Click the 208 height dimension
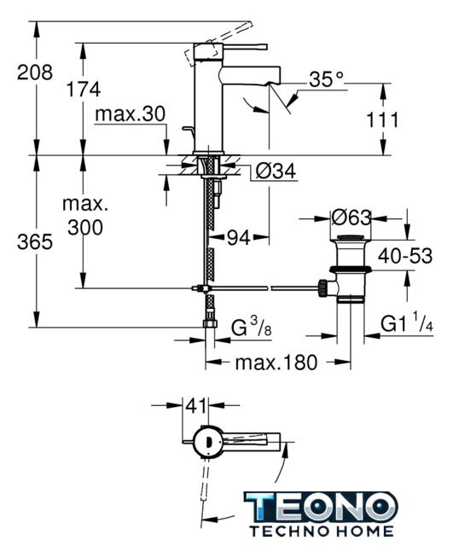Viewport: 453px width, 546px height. (x=35, y=73)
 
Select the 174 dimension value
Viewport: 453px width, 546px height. (x=84, y=89)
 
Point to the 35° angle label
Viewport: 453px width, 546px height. (x=326, y=79)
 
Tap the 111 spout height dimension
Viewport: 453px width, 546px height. (x=382, y=120)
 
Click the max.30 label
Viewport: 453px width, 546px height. (x=130, y=113)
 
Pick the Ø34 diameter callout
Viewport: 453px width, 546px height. (x=276, y=171)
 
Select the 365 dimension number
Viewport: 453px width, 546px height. (x=35, y=241)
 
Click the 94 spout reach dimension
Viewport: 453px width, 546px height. (x=239, y=238)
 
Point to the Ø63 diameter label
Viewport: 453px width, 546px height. (x=351, y=218)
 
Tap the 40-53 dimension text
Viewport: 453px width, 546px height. (x=405, y=256)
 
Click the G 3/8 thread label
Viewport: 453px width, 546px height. (x=251, y=328)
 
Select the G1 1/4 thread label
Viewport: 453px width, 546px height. (x=407, y=322)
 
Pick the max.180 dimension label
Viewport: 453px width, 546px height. (x=276, y=362)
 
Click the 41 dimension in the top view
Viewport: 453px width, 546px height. (x=195, y=405)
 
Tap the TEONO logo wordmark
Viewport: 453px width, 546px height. (x=321, y=507)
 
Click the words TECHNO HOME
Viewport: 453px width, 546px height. (x=322, y=531)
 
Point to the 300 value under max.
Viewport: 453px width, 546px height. (x=85, y=228)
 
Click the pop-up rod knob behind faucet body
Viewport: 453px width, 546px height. (x=188, y=130)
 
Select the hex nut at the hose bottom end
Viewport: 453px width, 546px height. (x=210, y=323)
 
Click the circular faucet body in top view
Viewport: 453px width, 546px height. (x=207, y=441)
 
